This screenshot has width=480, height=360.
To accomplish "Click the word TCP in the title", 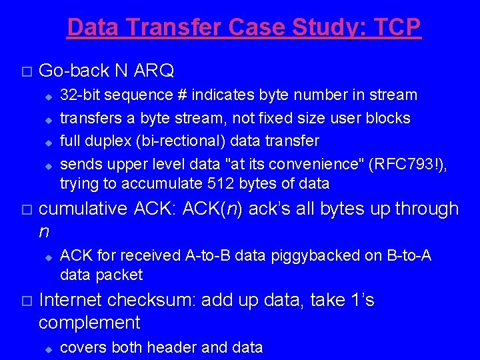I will [397, 27].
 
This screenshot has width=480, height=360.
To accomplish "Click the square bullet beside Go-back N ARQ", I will [26, 71].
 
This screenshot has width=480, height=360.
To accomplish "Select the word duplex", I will [106, 141].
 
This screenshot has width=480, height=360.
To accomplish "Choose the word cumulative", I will [83, 209].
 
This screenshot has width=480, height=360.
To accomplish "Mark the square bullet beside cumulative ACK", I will [26, 210].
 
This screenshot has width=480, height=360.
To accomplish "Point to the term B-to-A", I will [407, 255].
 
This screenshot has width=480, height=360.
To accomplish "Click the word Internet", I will [71, 301].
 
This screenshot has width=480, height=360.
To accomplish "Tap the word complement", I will [89, 323].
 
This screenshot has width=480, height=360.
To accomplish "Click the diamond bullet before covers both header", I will [48, 348].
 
